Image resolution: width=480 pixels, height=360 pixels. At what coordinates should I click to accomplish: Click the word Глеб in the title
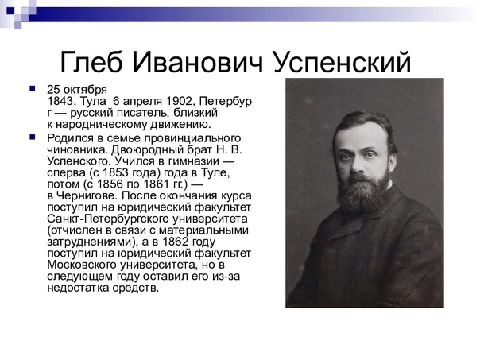click(91, 63)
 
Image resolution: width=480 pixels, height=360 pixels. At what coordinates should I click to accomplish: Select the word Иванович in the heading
click(198, 63)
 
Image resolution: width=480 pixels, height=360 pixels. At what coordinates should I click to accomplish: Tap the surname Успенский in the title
click(342, 63)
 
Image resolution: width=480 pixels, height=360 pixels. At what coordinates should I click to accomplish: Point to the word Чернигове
click(87, 195)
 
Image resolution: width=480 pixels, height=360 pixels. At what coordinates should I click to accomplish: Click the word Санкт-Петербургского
click(108, 219)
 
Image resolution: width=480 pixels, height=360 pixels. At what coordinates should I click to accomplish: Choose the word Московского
click(82, 265)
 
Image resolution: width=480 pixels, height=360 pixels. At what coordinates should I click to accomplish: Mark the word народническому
click(102, 125)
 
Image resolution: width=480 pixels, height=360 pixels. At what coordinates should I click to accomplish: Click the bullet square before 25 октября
click(32, 89)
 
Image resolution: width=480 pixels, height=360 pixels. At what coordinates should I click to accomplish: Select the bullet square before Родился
click(32, 137)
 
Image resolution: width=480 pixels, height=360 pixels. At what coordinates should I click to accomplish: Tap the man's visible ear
click(391, 161)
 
